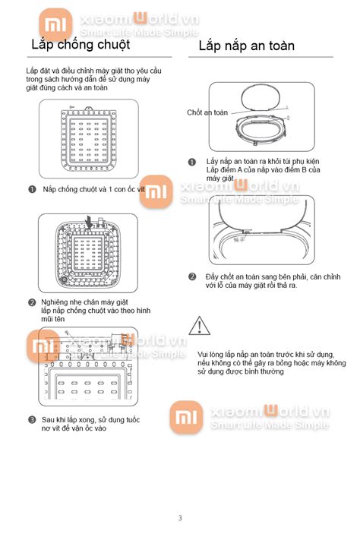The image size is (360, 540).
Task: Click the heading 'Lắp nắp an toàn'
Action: coord(246,46)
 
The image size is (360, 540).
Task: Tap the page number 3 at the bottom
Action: coord(180,518)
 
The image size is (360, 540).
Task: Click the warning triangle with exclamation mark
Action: coord(199,327)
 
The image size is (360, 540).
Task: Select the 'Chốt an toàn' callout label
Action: coord(207,112)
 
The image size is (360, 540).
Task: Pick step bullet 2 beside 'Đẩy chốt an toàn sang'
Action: coord(191,276)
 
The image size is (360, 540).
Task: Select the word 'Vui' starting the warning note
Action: coord(204,354)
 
